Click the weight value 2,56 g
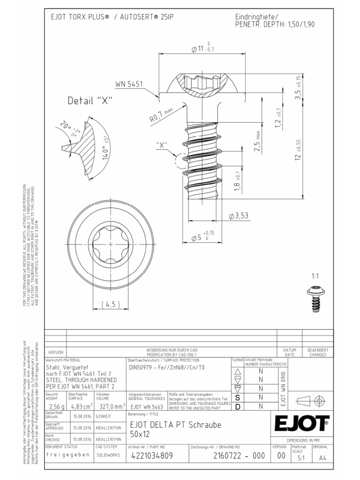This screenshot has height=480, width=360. pos(56,405)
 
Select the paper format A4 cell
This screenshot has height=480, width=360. pos(321,458)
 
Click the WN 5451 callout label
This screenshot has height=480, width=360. pos(129,84)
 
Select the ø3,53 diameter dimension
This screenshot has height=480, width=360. pos(239,216)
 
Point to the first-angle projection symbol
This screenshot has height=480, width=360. pos(311,401)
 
